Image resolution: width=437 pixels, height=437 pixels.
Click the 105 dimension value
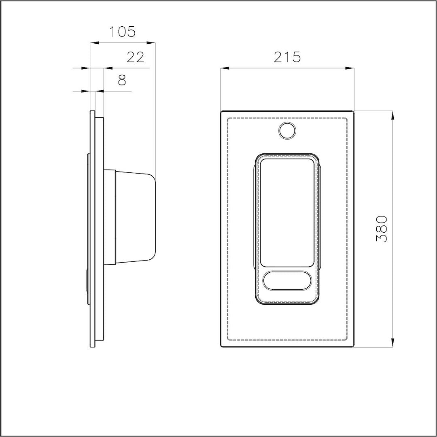click(122, 32)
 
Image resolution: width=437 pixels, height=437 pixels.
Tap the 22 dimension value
click(136, 57)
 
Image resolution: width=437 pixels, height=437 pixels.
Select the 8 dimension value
click(122, 80)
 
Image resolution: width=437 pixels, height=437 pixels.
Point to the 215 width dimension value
click(287, 57)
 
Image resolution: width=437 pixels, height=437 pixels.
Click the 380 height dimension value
click(382, 229)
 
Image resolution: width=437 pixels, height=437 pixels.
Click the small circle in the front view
click(287, 130)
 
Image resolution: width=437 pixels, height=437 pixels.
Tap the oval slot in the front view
click(287, 280)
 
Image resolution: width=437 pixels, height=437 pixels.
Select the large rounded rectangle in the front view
click(287, 213)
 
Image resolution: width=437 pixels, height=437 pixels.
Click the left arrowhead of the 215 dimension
click(225, 68)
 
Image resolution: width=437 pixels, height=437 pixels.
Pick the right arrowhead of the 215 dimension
click(350, 68)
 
